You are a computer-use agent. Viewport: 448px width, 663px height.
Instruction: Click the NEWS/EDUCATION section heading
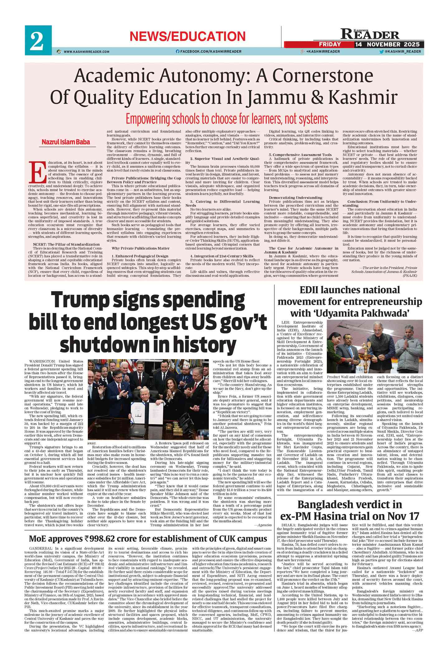[187, 36]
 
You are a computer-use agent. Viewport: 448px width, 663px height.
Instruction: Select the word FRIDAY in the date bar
[330, 45]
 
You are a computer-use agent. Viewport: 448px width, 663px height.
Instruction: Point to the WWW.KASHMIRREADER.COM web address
[86, 52]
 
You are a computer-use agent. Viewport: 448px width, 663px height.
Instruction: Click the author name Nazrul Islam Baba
[66, 142]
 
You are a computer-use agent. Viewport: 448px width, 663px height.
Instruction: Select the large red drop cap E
[35, 172]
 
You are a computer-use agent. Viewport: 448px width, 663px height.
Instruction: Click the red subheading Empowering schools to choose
[227, 119]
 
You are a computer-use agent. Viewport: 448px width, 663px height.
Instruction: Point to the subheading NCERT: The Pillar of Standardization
[66, 244]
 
